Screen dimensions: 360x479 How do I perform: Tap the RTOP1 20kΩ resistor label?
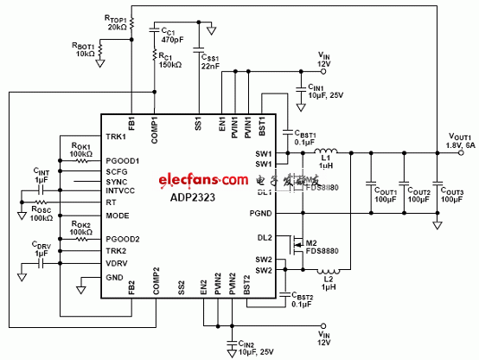click(116, 21)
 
